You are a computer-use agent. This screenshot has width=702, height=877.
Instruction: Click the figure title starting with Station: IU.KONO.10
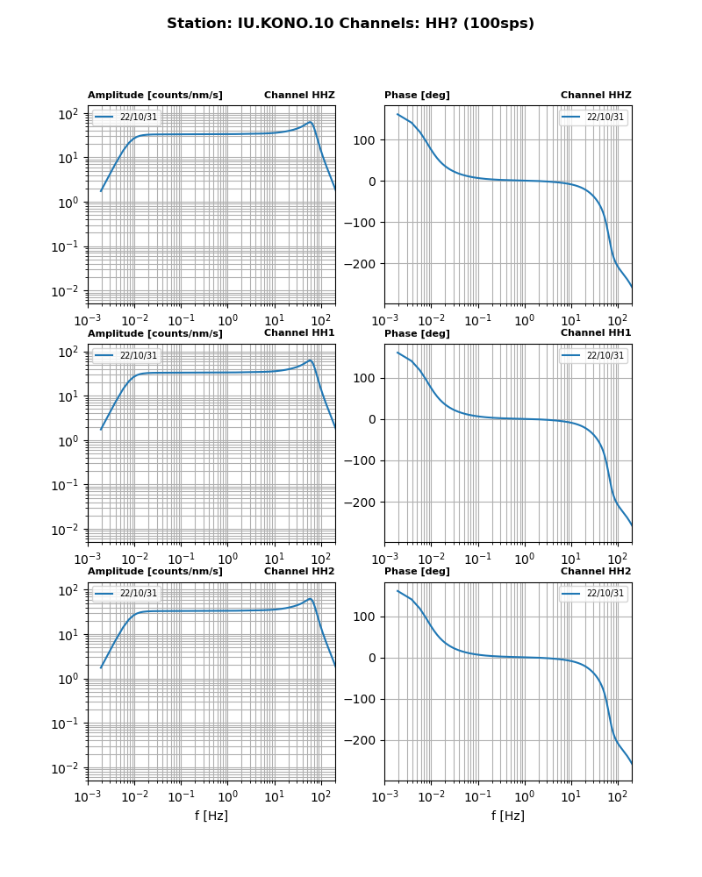(x=350, y=24)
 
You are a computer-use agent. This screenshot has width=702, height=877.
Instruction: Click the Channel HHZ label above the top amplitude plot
(x=299, y=96)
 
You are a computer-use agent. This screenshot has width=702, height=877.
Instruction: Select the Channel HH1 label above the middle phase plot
(x=596, y=333)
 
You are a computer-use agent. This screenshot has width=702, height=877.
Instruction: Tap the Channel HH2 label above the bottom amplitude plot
(x=299, y=572)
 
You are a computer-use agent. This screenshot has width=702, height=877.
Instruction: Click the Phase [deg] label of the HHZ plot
(x=417, y=96)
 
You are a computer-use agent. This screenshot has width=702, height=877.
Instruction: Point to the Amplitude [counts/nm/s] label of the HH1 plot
(x=155, y=334)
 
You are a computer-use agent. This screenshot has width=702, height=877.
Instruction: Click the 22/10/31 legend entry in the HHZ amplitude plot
(x=138, y=117)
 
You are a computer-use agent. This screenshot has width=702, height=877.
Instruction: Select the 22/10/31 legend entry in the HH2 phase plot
(x=605, y=594)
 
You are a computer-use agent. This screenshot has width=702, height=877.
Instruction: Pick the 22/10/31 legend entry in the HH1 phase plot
(x=605, y=355)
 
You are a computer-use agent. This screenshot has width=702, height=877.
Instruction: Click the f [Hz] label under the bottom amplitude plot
(x=211, y=816)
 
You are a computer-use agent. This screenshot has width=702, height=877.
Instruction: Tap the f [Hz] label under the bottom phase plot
(x=508, y=816)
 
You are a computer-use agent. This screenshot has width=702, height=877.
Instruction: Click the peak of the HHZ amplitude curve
(x=311, y=122)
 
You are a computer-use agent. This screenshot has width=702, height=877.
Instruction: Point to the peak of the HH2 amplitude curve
(x=311, y=599)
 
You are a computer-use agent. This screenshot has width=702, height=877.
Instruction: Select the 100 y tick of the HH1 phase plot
(x=368, y=378)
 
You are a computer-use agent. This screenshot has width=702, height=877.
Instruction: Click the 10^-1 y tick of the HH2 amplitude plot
(x=68, y=724)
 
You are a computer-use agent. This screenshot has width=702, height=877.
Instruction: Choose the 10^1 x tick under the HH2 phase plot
(x=570, y=796)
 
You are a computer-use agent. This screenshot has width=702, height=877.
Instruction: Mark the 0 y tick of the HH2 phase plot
(x=375, y=658)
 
